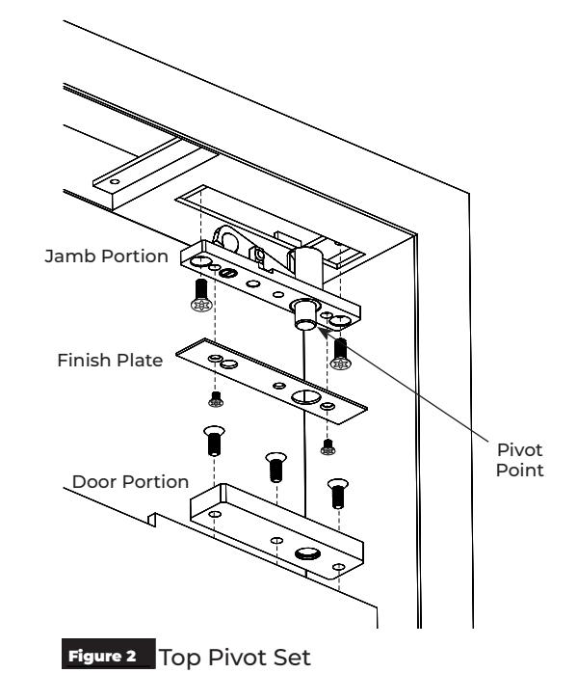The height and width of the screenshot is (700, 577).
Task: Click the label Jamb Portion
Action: pos(106,256)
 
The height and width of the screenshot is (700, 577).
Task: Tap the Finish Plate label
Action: pos(110,361)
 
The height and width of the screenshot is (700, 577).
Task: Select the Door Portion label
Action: pos(130,482)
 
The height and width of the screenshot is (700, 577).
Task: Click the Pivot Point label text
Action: pos(520,460)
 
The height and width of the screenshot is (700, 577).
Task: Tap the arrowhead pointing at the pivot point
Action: pos(323,332)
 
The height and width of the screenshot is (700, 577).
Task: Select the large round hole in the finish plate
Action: pos(306,396)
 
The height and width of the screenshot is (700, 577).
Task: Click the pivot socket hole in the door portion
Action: pos(307,553)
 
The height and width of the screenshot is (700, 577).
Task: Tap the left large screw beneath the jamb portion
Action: pos(201,296)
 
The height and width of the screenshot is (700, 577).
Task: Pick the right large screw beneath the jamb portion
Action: pos(340,354)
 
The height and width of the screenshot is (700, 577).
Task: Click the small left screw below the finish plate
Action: pos(216,399)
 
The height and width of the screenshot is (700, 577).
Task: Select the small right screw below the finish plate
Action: pos(328,446)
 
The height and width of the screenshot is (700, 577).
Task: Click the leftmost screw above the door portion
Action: pos(214,441)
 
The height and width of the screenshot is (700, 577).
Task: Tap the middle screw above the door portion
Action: pos(276,468)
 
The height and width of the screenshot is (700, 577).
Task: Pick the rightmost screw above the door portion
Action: pos(338,494)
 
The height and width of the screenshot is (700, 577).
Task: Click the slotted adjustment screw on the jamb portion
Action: pos(228,272)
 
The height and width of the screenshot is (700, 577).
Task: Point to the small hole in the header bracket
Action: pos(115,181)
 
